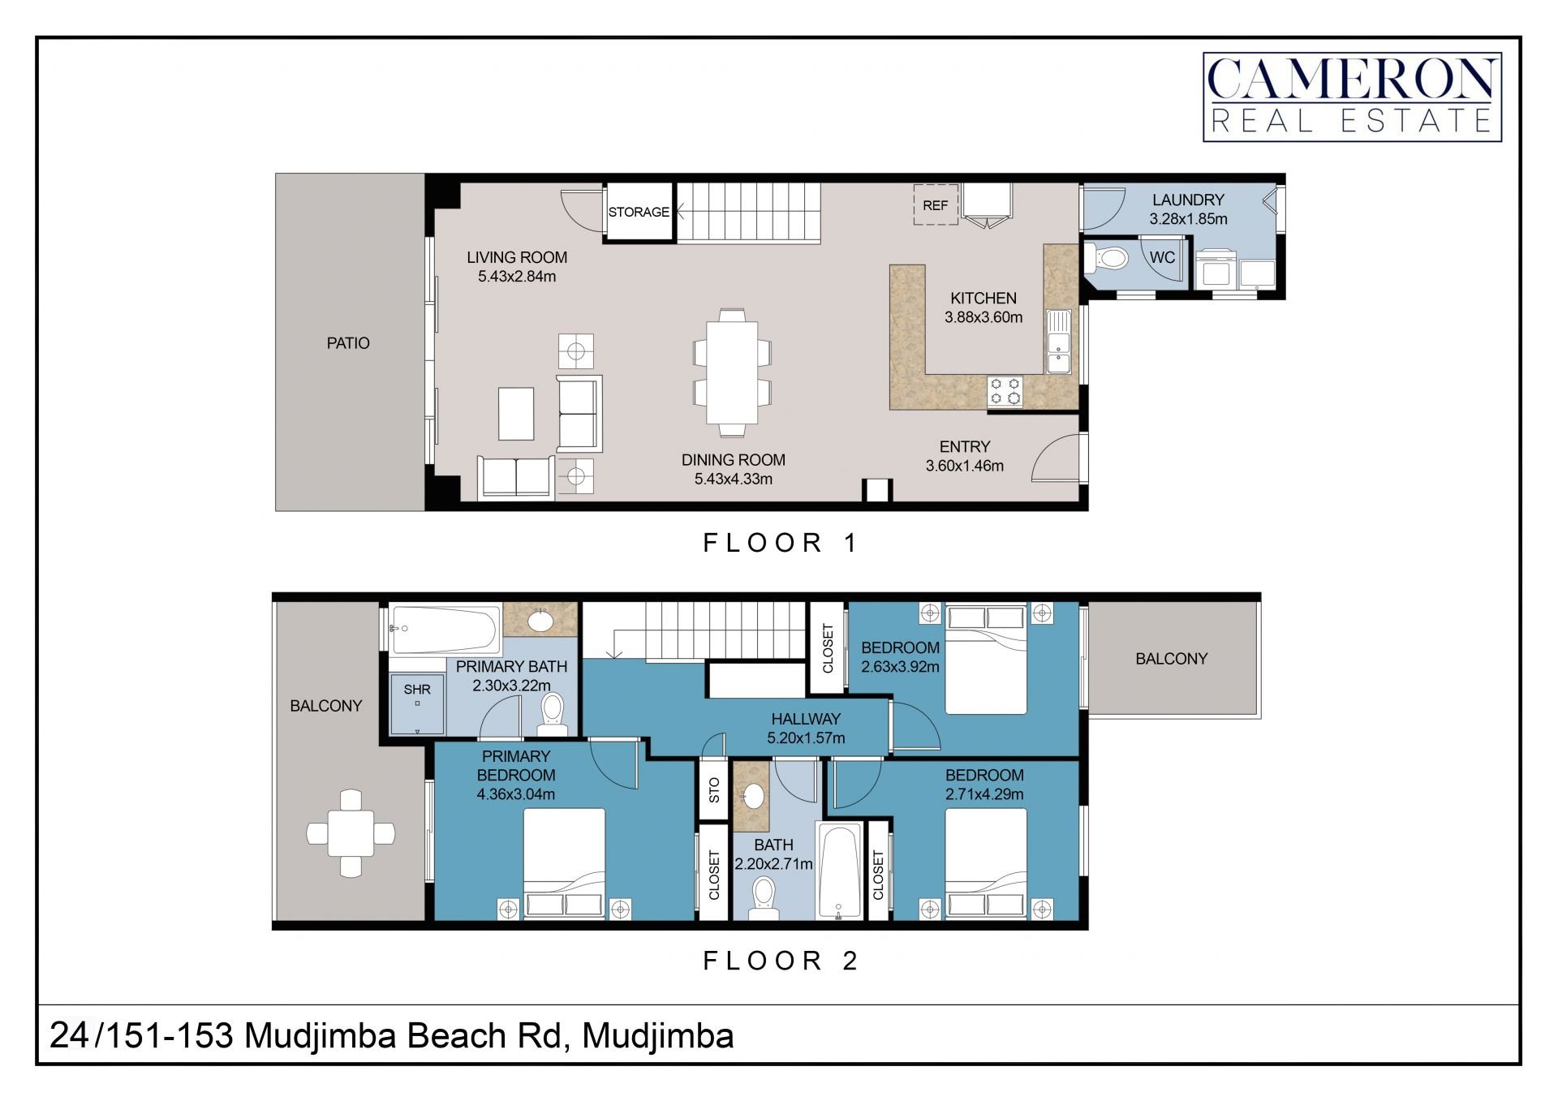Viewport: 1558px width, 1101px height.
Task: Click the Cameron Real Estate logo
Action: click(x=1352, y=97)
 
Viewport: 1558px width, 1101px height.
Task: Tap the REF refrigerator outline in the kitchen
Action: click(x=936, y=204)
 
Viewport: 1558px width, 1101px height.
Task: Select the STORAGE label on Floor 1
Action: click(x=639, y=212)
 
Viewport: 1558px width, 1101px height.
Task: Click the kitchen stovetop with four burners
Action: click(x=1005, y=391)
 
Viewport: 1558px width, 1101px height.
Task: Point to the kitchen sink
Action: click(x=1059, y=342)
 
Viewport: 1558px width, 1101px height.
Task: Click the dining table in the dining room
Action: click(x=732, y=373)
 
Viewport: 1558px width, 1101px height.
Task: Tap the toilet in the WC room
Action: click(x=1106, y=259)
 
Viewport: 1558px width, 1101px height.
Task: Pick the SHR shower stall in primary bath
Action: click(x=417, y=703)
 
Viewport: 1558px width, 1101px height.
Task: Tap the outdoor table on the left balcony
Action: click(x=351, y=833)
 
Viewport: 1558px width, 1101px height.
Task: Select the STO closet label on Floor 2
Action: click(x=714, y=789)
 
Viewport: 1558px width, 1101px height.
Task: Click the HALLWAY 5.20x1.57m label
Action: click(x=806, y=729)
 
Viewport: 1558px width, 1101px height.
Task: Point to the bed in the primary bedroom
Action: click(x=564, y=863)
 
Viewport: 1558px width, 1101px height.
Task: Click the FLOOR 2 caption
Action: click(x=780, y=961)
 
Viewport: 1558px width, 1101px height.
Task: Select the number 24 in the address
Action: click(x=69, y=1035)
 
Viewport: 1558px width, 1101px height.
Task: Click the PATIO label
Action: click(x=348, y=343)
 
